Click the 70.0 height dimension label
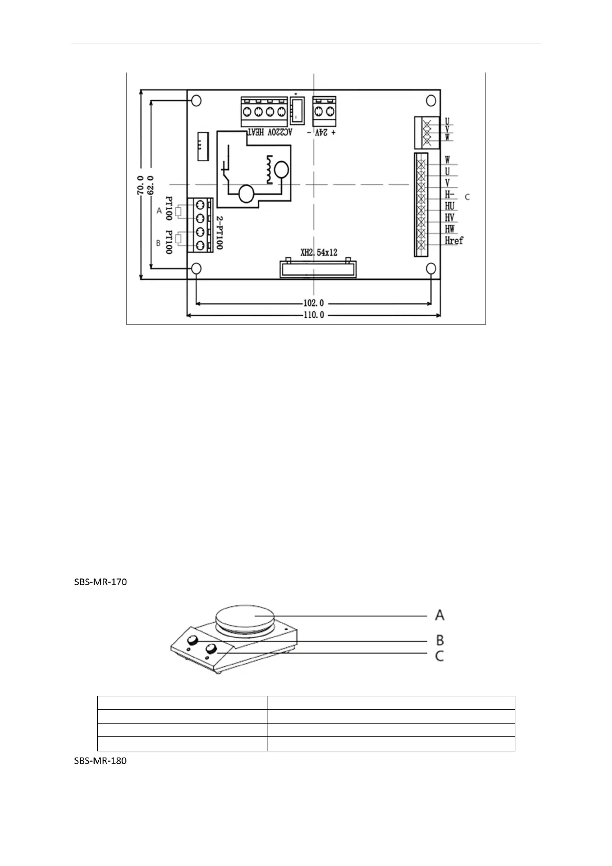[140, 185]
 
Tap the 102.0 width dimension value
[313, 303]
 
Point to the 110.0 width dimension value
[313, 315]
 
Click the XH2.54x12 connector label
[319, 252]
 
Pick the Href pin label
[454, 241]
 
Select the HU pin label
[449, 206]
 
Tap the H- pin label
[449, 194]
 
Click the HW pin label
[449, 229]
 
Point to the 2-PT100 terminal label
[219, 232]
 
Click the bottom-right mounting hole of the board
[431, 268]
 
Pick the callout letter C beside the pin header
[467, 197]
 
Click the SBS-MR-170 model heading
[98, 583]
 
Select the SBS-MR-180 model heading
[98, 761]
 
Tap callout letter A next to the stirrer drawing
[440, 615]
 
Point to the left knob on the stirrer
[193, 640]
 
